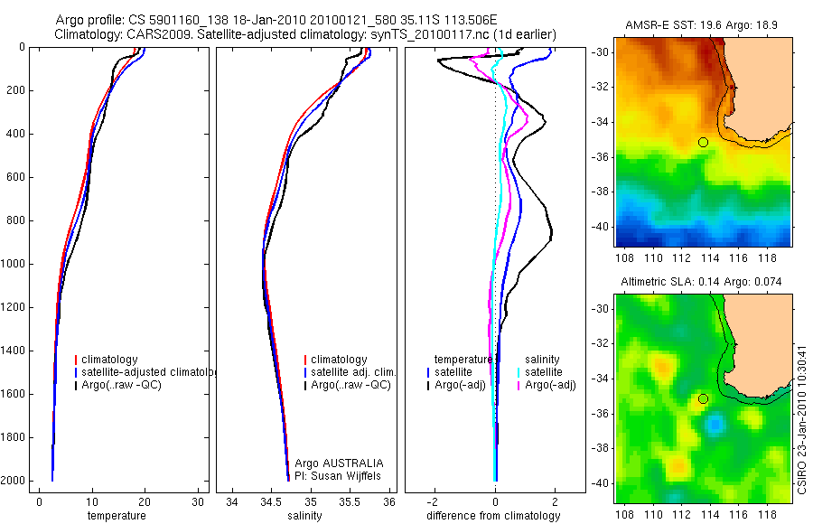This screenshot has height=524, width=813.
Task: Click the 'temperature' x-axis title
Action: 116,516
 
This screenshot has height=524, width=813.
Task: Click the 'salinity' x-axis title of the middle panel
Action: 311,516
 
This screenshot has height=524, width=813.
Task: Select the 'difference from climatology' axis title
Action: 493,516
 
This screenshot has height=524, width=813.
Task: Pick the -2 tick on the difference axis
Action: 435,502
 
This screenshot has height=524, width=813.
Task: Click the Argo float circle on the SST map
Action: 703,142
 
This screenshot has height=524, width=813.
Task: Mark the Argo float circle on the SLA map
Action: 703,398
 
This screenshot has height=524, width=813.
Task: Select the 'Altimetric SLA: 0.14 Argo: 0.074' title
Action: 703,284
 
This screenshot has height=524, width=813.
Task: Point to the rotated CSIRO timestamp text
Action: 803,416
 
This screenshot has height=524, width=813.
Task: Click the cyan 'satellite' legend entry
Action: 543,372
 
